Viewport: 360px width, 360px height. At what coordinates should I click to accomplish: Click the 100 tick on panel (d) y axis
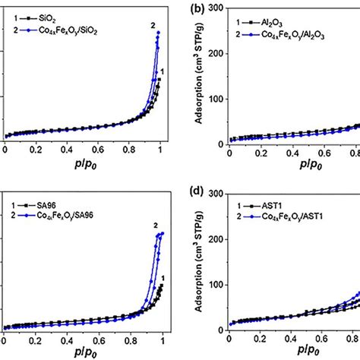point(215,285)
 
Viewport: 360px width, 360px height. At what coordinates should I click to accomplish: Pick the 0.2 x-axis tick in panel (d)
point(261,341)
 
